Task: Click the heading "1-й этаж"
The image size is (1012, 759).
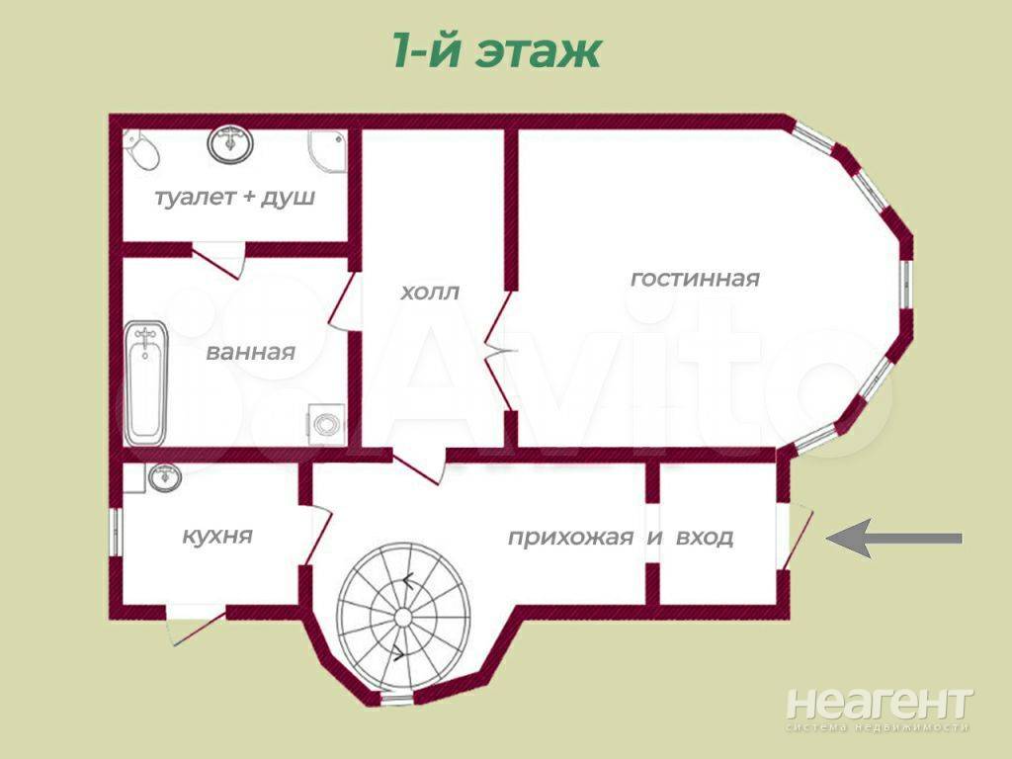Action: point(497,51)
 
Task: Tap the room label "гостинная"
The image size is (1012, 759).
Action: point(695,279)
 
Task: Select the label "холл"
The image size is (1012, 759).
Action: point(430,293)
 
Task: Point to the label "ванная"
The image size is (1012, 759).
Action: point(250,353)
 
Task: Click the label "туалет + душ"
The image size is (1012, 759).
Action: point(235,197)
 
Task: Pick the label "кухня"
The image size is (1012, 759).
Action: point(216,537)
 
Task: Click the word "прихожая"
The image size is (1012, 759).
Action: point(570,538)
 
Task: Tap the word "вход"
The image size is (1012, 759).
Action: point(704,538)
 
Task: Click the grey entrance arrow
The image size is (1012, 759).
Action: point(893,539)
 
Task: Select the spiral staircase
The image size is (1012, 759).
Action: point(403,617)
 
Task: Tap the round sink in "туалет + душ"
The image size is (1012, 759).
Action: point(229,143)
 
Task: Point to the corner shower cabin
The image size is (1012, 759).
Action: point(328,153)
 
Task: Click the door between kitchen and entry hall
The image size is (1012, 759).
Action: point(317,537)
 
